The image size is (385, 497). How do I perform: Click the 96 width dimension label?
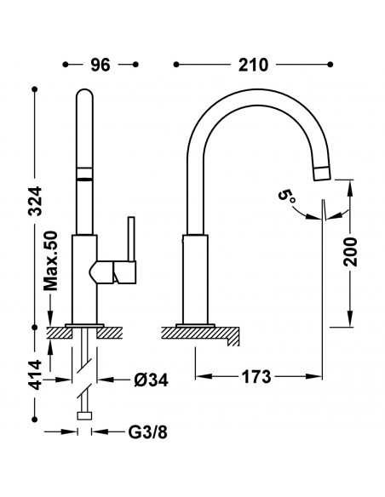click(101, 65)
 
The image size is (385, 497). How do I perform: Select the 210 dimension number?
click(253, 65)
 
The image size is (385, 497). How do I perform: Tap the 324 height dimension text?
click(35, 202)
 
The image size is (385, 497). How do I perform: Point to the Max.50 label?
click(51, 261)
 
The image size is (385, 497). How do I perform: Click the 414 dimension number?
click(35, 374)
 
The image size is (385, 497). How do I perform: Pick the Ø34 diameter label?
click(151, 380)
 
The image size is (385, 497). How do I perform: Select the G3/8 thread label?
click(147, 431)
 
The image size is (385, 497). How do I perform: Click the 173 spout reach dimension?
click(256, 376)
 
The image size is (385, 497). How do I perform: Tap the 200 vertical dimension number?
click(351, 252)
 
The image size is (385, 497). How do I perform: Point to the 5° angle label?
click(287, 197)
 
